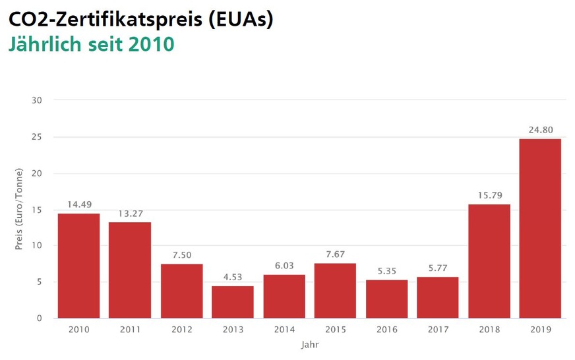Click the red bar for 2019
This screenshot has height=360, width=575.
tap(540, 228)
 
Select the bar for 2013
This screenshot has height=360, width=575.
tap(232, 302)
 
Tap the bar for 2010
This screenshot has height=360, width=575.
tap(78, 266)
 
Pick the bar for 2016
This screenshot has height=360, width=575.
tap(386, 299)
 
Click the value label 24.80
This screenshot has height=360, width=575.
tap(540, 130)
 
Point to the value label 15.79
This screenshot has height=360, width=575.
tap(489, 196)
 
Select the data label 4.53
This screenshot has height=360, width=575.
tap(232, 278)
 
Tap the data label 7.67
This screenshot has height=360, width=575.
tap(335, 255)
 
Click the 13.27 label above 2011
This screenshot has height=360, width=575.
tap(130, 214)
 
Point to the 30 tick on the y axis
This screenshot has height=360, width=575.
tap(37, 100)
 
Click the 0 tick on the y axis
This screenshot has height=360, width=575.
tap(40, 318)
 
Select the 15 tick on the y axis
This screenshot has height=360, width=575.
tap(37, 210)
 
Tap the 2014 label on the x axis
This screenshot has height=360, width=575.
tap(284, 330)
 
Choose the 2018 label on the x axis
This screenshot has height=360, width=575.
tap(489, 330)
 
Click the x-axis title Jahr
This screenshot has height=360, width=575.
tap(309, 344)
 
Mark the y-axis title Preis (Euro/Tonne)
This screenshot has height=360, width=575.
tap(19, 210)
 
